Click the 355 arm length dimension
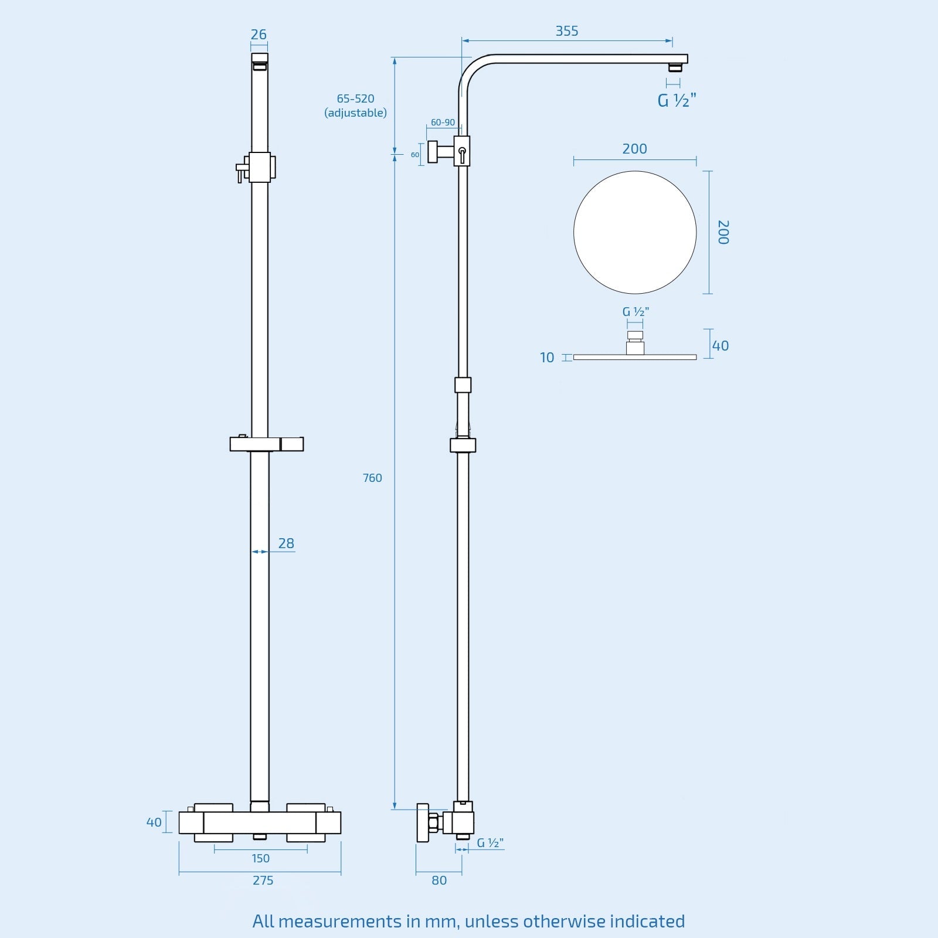pos(567,31)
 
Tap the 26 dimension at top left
pos(259,35)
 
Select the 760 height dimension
pos(372,478)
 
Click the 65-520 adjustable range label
pos(355,98)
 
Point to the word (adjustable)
pos(355,113)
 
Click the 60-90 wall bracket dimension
pos(443,123)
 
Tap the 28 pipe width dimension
pos(286,543)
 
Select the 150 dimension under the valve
pos(260,858)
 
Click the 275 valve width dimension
pos(263,880)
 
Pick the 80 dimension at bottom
pos(439,880)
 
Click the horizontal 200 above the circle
pos(634,149)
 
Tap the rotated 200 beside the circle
pos(723,232)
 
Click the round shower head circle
pos(635,233)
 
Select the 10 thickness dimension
pos(546,358)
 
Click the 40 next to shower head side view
pos(720,346)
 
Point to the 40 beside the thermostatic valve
pos(154,823)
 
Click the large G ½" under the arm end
pos(677,101)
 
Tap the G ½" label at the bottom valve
pos(490,843)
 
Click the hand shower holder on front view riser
pos(267,444)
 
